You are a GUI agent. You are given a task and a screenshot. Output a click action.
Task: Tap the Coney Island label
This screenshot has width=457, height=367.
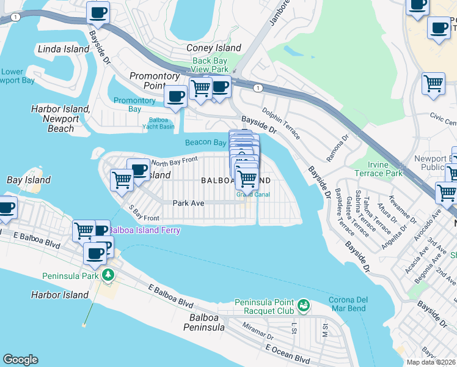[213, 48]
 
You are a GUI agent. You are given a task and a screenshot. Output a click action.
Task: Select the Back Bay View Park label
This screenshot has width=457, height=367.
[210, 65]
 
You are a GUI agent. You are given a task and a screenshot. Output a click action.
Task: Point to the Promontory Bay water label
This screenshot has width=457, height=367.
[134, 105]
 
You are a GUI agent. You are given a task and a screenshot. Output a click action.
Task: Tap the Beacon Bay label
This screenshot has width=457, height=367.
[206, 143]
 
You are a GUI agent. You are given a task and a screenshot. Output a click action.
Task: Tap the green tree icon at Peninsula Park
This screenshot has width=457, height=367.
[108, 275]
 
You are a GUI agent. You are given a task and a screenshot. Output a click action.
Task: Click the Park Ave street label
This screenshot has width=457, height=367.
[188, 202]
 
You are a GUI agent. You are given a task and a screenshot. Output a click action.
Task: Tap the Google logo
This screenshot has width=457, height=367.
[20, 360]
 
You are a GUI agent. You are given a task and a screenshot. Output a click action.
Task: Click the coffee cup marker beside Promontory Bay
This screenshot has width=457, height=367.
[176, 96]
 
